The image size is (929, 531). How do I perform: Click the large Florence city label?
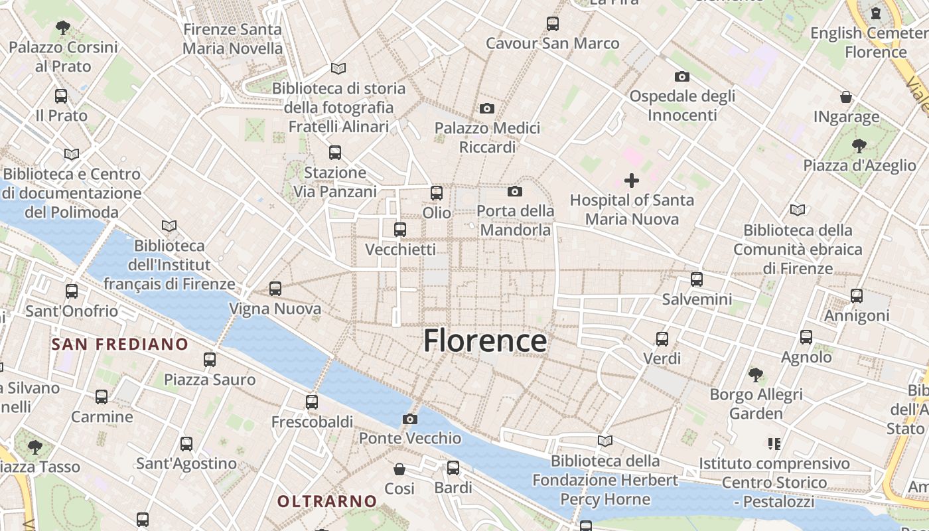coord(485,341)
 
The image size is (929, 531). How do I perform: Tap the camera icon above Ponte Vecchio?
coord(410,419)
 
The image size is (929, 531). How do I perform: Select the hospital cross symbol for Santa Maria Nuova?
coord(632,180)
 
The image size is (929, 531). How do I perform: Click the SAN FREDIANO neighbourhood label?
coord(120,344)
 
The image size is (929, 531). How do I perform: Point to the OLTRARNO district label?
coord(327,501)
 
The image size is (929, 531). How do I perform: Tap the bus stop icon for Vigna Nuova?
coord(275,289)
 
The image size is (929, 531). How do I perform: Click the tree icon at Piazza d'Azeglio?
coord(859,146)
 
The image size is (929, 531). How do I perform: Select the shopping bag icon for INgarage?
coord(846,97)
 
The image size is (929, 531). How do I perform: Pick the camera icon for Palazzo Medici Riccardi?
coord(487,108)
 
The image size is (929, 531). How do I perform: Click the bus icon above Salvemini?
coord(697,279)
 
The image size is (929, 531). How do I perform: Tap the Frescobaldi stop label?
coord(312,421)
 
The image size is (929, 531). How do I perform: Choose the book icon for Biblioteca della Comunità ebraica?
coord(798,210)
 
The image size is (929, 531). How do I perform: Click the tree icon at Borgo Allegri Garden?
coord(756,375)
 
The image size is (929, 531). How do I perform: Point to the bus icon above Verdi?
coord(662,339)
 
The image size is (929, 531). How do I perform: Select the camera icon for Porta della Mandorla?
coord(514,192)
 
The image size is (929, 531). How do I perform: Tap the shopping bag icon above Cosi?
coord(399,469)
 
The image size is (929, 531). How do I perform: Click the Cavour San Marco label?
coord(552,44)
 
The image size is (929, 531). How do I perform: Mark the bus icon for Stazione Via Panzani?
coord(335,153)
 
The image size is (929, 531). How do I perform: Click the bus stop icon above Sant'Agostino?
coord(186,443)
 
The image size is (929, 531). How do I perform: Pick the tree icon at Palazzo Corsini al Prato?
coord(63,28)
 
